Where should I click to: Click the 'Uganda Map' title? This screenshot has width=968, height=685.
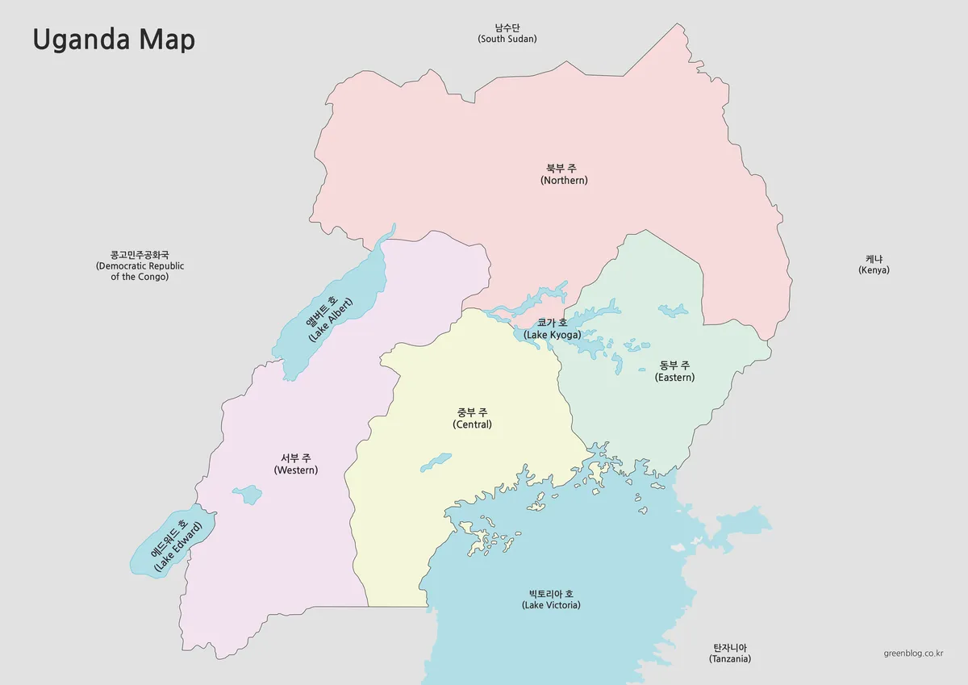pyautogui.click(x=114, y=40)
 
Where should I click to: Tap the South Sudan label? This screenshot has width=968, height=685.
pyautogui.click(x=507, y=33)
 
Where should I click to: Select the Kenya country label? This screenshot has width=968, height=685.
pyautogui.click(x=874, y=265)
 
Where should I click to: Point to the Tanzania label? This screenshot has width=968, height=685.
pyautogui.click(x=730, y=654)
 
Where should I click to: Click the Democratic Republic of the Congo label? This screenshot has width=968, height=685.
pyautogui.click(x=140, y=265)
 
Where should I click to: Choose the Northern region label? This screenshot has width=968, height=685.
pyautogui.click(x=564, y=174)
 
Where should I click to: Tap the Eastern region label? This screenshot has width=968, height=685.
pyautogui.click(x=674, y=371)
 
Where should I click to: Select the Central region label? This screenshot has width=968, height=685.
pyautogui.click(x=472, y=419)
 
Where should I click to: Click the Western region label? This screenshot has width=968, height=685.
pyautogui.click(x=296, y=464)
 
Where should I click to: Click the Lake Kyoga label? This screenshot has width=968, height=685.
pyautogui.click(x=552, y=328)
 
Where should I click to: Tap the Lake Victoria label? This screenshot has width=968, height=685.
pyautogui.click(x=551, y=599)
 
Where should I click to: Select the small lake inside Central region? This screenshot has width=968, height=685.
pyautogui.click(x=436, y=462)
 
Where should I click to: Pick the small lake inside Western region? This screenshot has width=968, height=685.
pyautogui.click(x=247, y=494)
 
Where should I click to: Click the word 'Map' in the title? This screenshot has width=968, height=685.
pyautogui.click(x=167, y=40)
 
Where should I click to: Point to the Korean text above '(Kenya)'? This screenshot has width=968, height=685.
pyautogui.click(x=874, y=259)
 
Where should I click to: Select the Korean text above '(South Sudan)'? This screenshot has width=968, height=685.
pyautogui.click(x=507, y=27)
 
